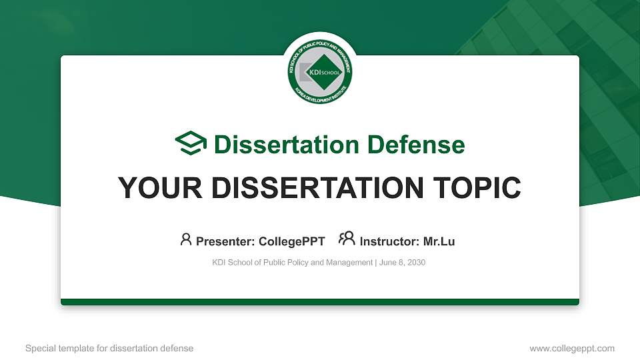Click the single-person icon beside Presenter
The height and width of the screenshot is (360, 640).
186,239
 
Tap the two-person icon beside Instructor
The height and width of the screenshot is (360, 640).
347,239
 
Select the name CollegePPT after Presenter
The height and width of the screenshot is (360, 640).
293,241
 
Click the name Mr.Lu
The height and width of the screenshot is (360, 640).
439,241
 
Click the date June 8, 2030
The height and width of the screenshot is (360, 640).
403,263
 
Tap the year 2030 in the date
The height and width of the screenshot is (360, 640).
415,263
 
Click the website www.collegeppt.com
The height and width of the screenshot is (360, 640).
572,348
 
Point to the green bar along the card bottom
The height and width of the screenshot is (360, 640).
320,302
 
